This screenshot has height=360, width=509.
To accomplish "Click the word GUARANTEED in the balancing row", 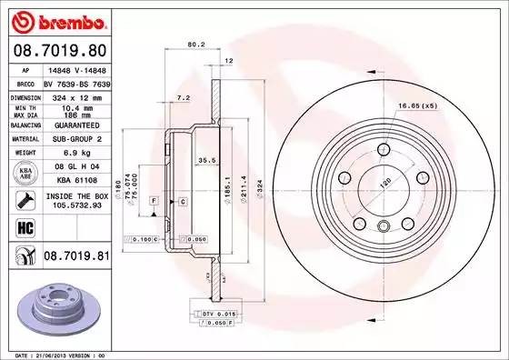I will pyautogui.click(x=75, y=126).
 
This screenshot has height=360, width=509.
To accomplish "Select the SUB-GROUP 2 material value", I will pyautogui.click(x=75, y=141).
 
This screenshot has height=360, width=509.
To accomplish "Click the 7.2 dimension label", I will pyautogui.click(x=182, y=96).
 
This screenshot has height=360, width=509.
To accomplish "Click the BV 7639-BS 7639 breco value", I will pyautogui.click(x=75, y=81).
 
